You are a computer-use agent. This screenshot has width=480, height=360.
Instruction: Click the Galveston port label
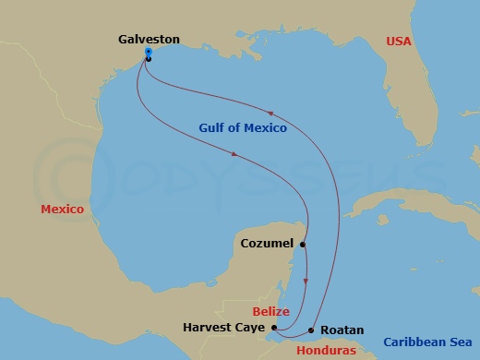149,40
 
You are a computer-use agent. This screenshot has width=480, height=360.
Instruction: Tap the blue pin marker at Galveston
149,53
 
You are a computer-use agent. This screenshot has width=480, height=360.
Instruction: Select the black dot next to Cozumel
304,245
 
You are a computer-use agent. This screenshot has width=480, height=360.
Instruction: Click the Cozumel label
266,245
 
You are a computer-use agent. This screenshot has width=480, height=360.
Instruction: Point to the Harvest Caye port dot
275,327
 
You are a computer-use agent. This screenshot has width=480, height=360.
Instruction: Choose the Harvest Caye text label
223,328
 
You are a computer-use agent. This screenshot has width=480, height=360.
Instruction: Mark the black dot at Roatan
311,330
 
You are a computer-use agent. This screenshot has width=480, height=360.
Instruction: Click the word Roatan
342,330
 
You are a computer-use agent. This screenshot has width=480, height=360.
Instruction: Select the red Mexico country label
62,210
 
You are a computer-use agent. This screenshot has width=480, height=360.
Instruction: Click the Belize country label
270,312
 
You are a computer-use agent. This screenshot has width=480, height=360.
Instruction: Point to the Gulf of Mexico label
243,128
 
